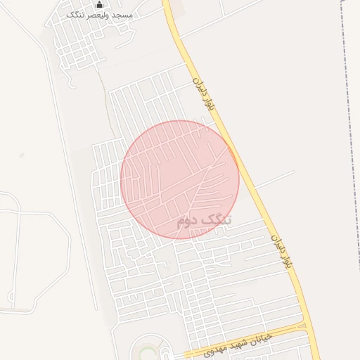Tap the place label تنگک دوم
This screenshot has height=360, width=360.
tap(204, 221)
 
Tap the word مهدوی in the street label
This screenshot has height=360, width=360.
tap(205, 349)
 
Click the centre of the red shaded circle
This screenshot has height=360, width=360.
tap(179, 179)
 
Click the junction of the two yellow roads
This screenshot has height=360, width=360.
tap(304, 326)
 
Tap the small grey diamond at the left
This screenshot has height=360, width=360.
tap(22, 155)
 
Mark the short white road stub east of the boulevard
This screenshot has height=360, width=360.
tap(274, 179)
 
